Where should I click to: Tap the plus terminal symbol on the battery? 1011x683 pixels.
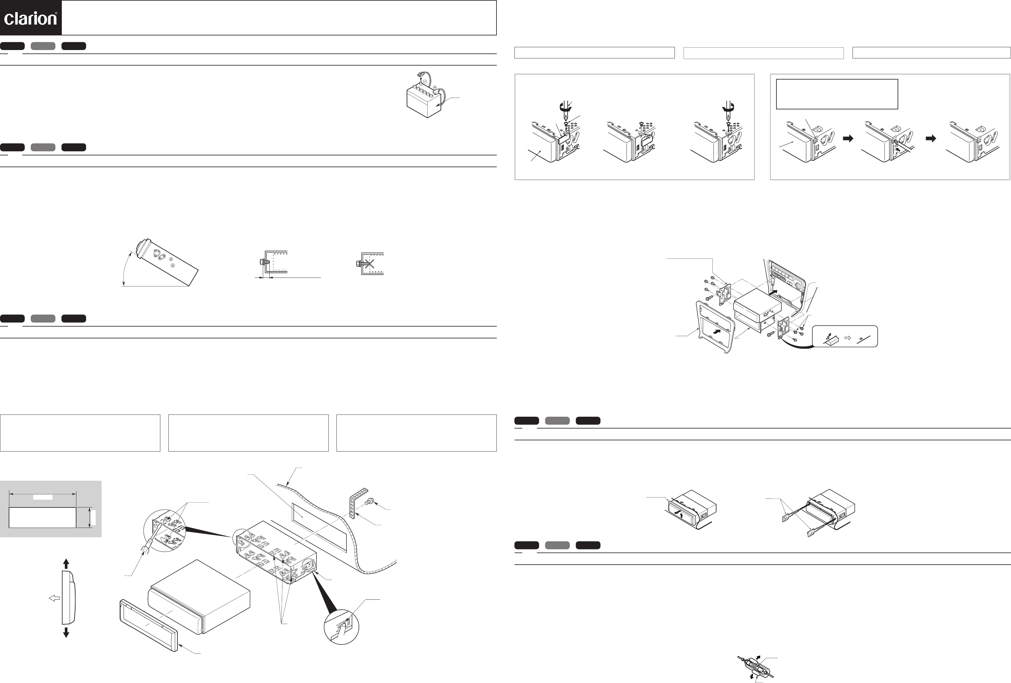(435, 87)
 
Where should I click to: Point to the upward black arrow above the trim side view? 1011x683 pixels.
(66, 563)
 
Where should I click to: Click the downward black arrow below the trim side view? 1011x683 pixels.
(66, 632)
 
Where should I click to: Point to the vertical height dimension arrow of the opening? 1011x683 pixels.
(90, 518)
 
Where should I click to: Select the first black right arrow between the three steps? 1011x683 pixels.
(848, 138)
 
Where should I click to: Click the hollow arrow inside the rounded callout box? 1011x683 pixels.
(848, 337)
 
